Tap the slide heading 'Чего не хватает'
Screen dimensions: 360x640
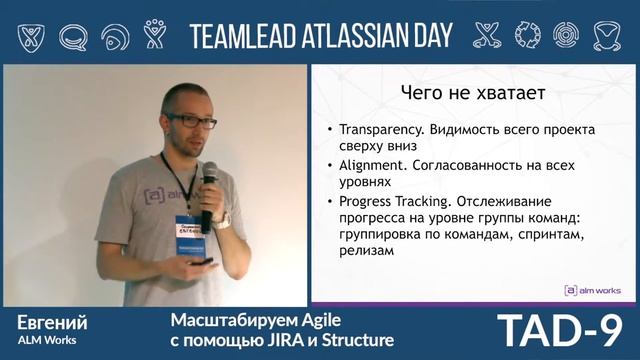point(457,95)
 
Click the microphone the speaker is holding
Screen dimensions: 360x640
point(209,189)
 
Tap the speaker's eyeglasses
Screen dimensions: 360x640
point(189,120)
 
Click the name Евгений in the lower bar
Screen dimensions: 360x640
point(52,322)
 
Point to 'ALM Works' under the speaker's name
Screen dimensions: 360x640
point(43,342)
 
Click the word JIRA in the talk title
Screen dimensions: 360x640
point(282,340)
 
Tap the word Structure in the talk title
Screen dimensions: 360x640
point(345,340)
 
